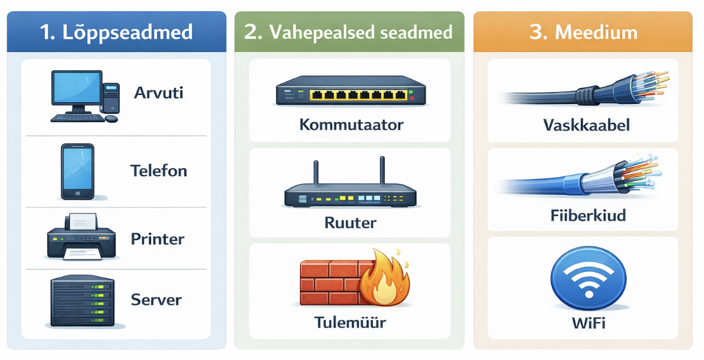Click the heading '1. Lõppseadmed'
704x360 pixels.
pos(116,32)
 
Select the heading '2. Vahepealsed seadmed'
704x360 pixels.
pos(348,32)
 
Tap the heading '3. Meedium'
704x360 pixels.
pos(583,32)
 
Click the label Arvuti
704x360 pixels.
pos(159,93)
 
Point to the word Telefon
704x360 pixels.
pos(159,170)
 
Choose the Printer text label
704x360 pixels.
pos(157,239)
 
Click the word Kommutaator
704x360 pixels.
pos(351,124)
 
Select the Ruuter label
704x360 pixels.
pos(350,222)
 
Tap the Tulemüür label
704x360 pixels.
pos(349,322)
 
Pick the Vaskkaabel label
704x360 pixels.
pos(587,124)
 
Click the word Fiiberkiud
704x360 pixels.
pos(588,215)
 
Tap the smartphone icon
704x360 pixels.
pos(77,172)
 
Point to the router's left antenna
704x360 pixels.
pos(316,173)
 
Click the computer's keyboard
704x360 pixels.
pos(77,118)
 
